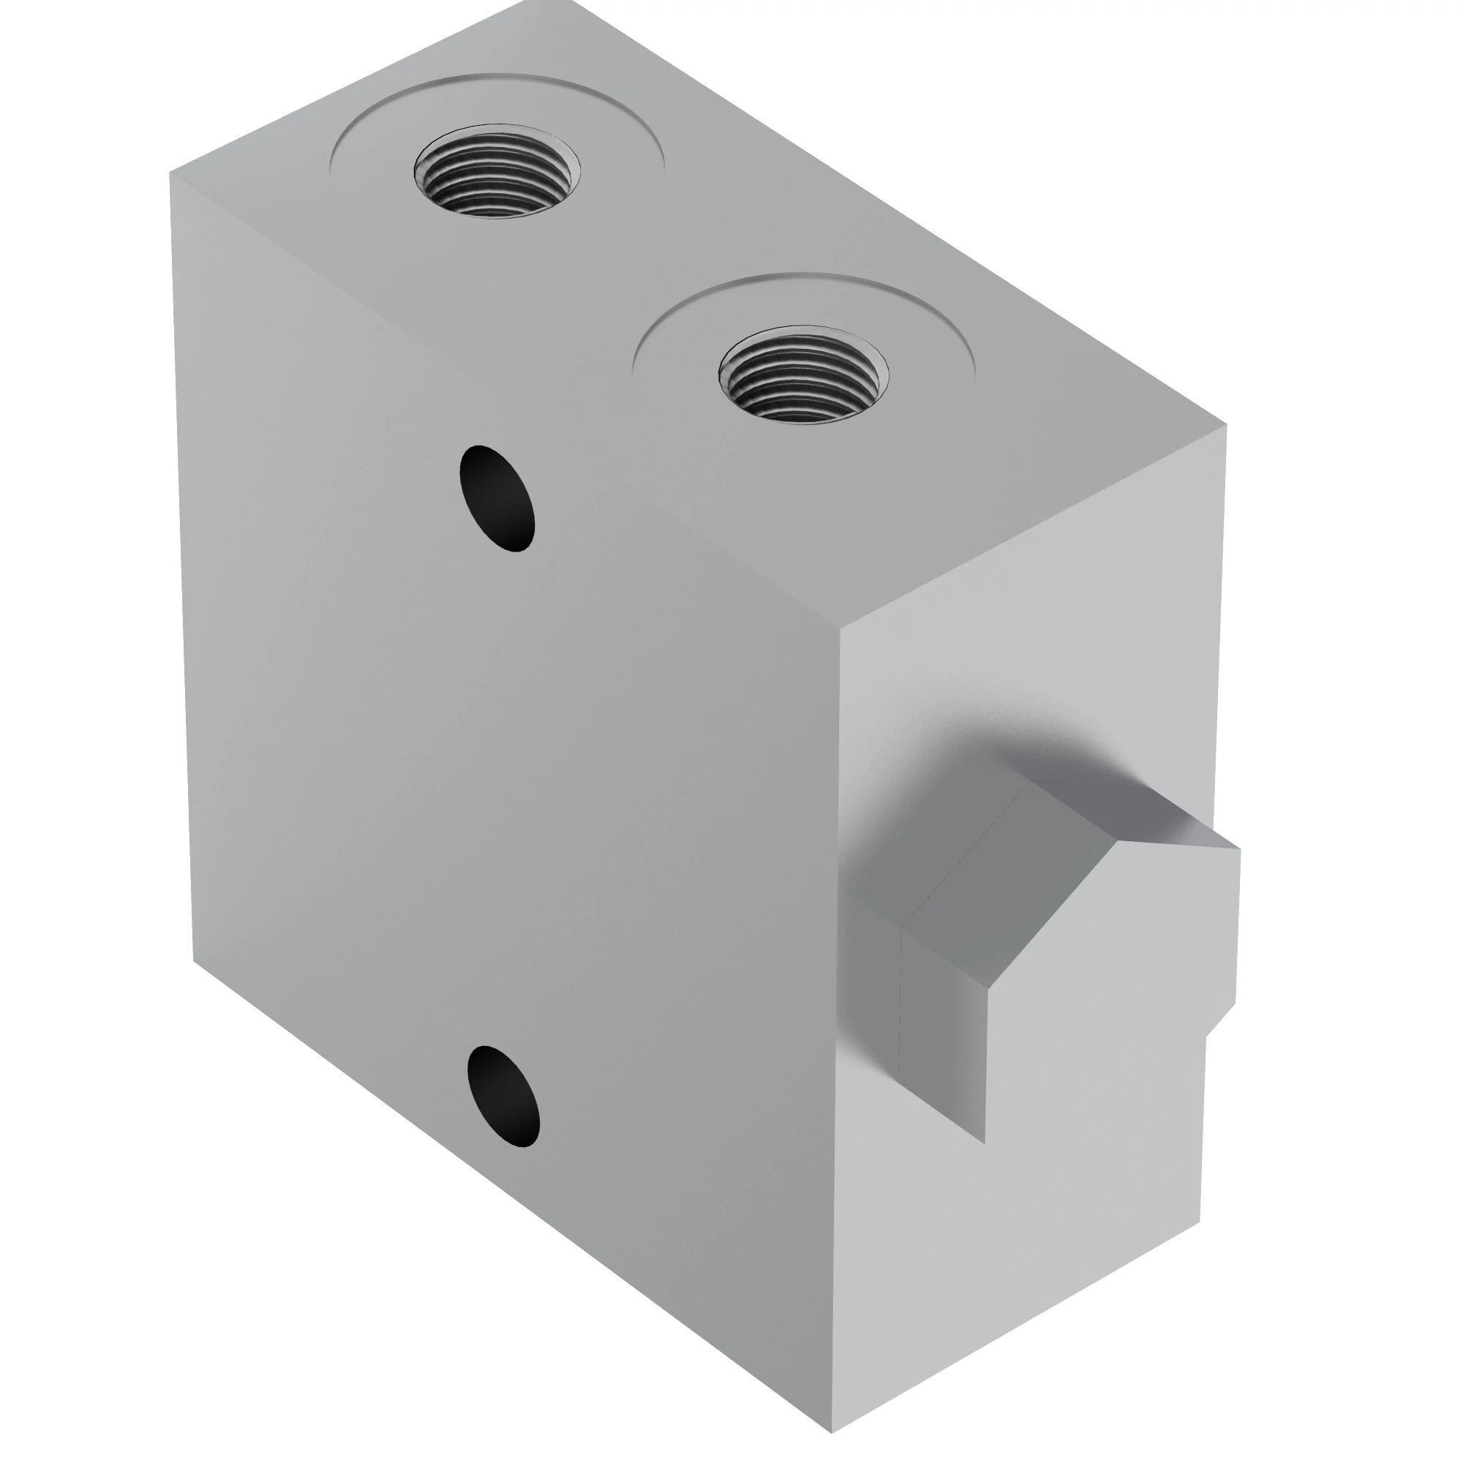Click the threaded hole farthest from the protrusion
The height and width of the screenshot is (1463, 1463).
click(x=497, y=172)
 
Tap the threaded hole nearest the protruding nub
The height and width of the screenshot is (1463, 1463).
click(x=803, y=375)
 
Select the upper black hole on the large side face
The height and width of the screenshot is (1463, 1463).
click(x=497, y=497)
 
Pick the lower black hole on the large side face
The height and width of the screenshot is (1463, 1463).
click(x=503, y=1096)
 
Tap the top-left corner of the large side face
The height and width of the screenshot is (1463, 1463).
click(x=171, y=176)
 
